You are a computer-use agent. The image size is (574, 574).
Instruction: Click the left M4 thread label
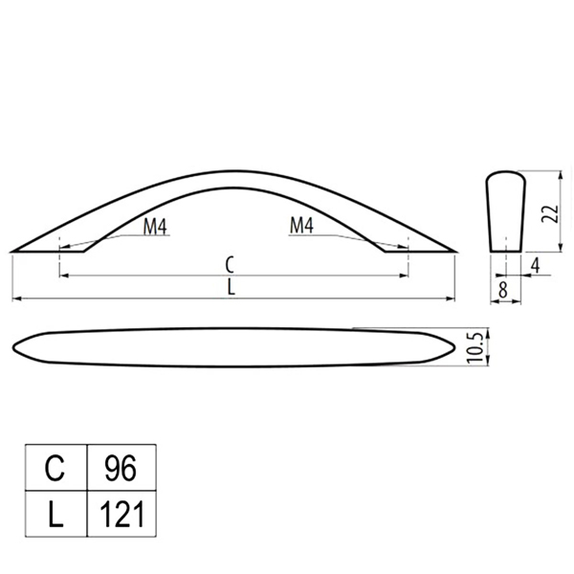tap(155, 226)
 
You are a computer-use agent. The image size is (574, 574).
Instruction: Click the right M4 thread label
tap(301, 225)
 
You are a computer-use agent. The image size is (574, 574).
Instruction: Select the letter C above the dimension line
tap(230, 265)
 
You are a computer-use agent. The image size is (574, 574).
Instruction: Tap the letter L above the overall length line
tap(231, 287)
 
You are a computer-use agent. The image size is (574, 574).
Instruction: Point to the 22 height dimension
tap(550, 213)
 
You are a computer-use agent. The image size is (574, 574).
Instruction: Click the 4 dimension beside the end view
tap(535, 265)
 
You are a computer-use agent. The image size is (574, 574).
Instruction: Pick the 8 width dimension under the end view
tap(503, 290)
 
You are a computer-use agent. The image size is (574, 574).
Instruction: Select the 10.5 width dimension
tap(475, 346)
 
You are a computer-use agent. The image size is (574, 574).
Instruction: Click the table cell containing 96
tap(121, 468)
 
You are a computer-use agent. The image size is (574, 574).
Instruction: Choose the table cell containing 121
tap(121, 514)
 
